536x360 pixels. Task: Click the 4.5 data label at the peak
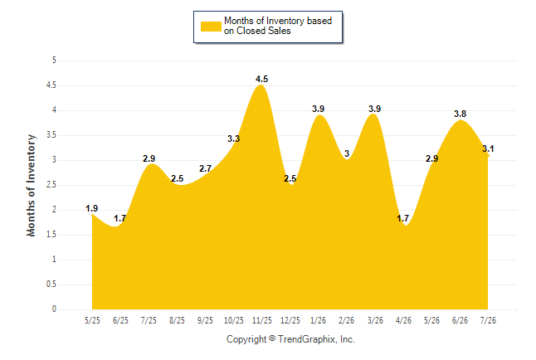[262, 79]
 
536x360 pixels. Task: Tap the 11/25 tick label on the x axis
[262, 320]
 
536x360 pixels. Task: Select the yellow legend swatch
[211, 27]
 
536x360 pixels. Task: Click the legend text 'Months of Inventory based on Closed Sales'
[278, 26]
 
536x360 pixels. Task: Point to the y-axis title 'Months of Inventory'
[31, 185]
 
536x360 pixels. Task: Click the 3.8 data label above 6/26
[460, 114]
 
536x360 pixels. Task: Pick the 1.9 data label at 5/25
[91, 208]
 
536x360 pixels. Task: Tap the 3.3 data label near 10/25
[233, 139]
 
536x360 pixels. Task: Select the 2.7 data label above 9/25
[206, 168]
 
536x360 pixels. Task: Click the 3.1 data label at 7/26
[488, 148]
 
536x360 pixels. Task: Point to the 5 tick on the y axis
[54, 61]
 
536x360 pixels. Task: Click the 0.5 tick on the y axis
[51, 285]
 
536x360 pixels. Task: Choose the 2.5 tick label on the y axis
[51, 185]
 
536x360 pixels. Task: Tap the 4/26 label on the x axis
[403, 320]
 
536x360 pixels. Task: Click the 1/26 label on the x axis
[319, 320]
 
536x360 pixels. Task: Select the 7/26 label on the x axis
[488, 320]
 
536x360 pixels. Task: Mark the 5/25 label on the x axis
[92, 320]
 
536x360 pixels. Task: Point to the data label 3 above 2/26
[347, 153]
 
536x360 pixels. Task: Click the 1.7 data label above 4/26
[403, 218]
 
